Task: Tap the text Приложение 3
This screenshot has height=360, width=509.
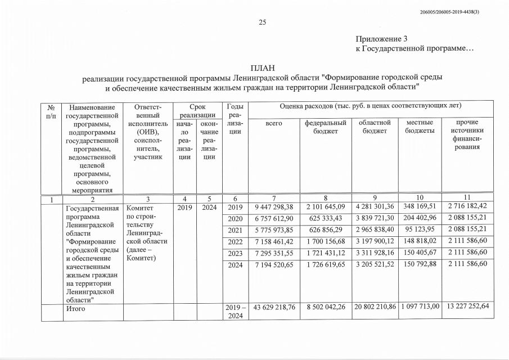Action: (x=381, y=39)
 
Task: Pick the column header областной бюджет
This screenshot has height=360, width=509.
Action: (x=375, y=127)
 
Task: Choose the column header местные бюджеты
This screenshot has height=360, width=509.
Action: (x=420, y=127)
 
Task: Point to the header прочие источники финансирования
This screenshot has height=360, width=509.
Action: (x=464, y=135)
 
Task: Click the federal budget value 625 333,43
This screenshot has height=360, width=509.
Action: (x=325, y=218)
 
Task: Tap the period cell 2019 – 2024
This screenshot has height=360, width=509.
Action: (x=235, y=312)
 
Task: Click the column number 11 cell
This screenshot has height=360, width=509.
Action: (x=464, y=197)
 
